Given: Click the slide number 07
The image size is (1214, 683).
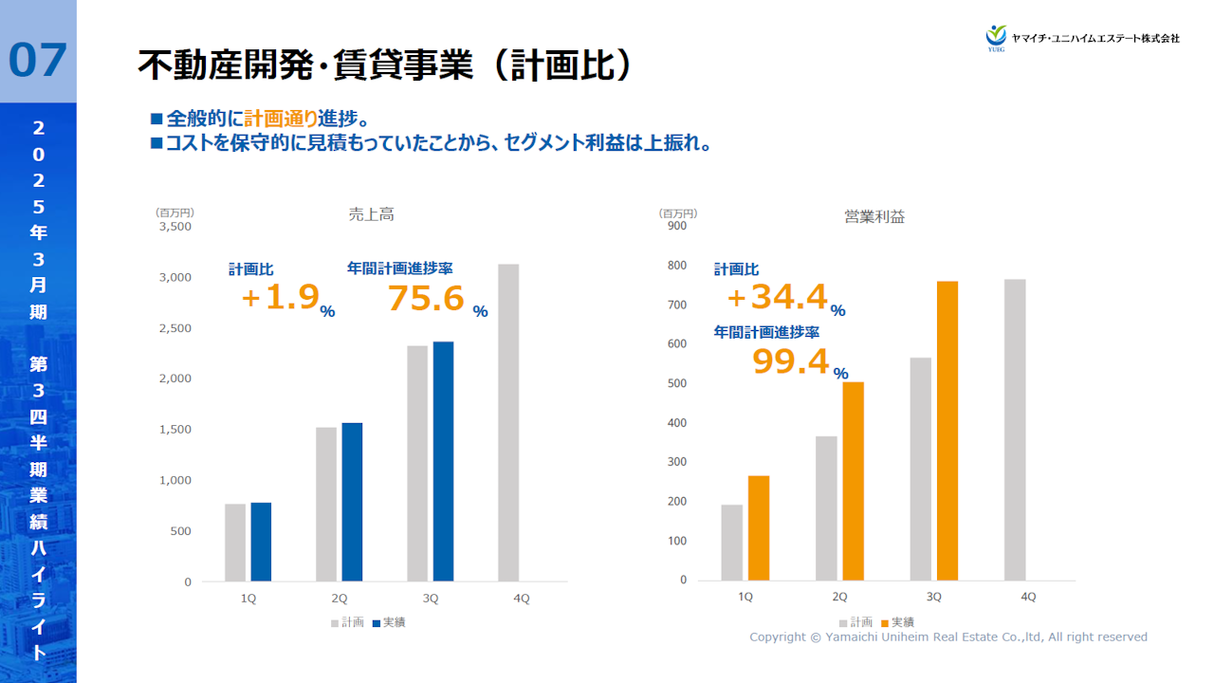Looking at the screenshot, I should click(x=38, y=61).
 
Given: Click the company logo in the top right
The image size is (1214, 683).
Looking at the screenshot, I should click(x=1082, y=37).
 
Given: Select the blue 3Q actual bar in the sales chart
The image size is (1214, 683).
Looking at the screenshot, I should click(x=443, y=461).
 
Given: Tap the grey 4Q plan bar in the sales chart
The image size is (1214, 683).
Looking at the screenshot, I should click(x=508, y=422).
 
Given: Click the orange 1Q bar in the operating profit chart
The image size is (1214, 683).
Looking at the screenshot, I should click(x=759, y=527).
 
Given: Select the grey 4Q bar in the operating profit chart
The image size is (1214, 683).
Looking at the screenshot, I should click(x=1015, y=429).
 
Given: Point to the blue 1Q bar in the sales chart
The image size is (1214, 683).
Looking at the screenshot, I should click(x=261, y=542).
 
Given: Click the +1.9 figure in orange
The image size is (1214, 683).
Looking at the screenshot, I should click(x=279, y=298).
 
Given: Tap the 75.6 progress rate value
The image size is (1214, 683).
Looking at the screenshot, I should click(x=426, y=299).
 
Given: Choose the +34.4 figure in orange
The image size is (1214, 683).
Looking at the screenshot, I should click(x=777, y=298).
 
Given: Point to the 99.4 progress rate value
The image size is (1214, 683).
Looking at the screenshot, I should click(x=790, y=361).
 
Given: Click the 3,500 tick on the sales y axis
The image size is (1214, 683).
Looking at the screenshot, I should click(x=175, y=227).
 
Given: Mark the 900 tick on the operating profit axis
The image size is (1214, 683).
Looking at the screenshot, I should click(x=676, y=225).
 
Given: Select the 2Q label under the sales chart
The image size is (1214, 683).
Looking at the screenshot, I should click(x=340, y=599).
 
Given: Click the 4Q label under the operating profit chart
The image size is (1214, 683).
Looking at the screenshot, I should click(x=1028, y=597).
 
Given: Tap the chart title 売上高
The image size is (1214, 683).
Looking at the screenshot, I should click(x=371, y=215).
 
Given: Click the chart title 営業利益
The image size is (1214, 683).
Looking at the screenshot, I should click(x=874, y=217).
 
